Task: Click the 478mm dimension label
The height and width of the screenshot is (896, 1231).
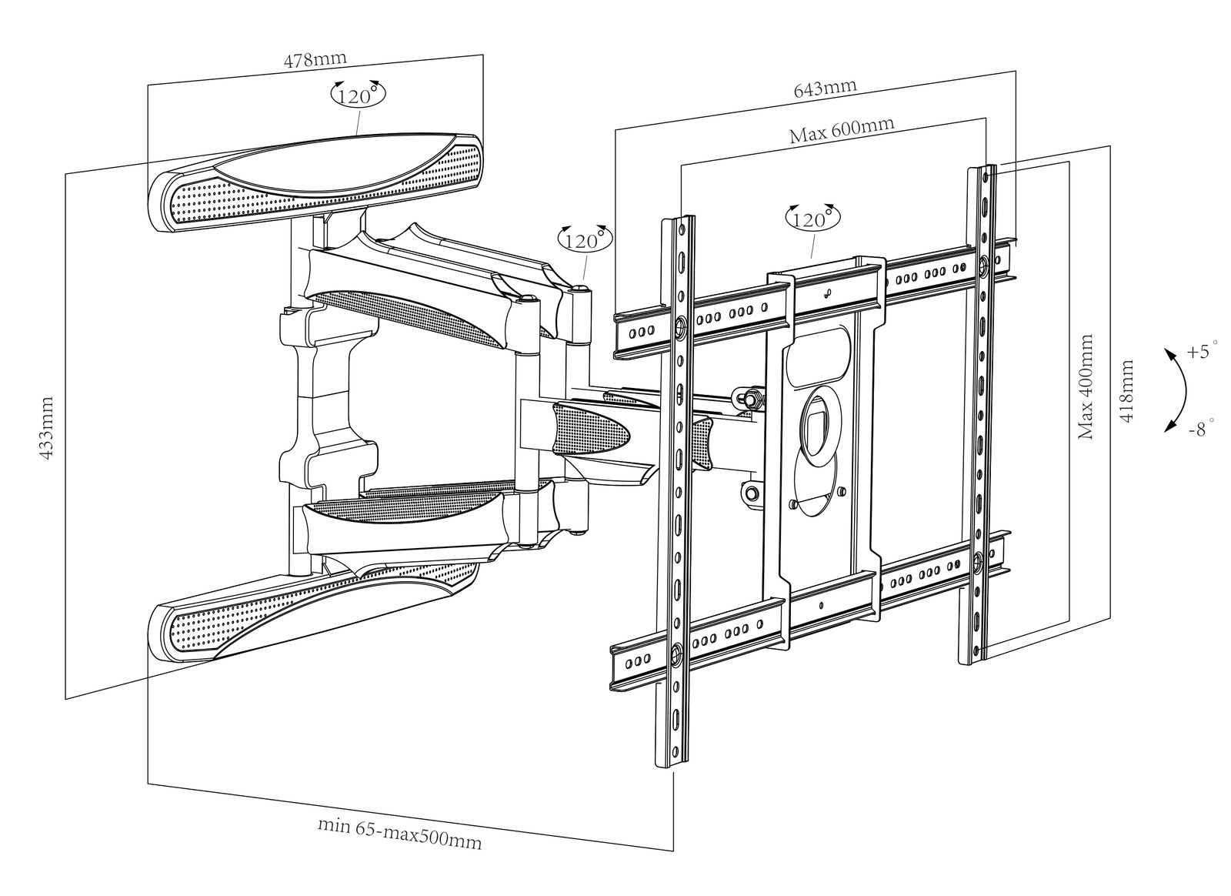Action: click(315, 59)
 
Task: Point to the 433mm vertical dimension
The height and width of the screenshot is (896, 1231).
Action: click(46, 429)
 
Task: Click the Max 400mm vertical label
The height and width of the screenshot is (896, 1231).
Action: click(1086, 386)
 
